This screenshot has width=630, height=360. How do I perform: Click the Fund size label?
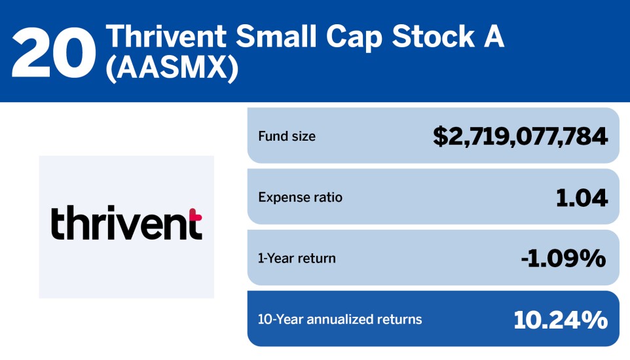pyautogui.click(x=287, y=137)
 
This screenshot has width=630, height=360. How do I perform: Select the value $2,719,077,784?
pyautogui.click(x=521, y=137)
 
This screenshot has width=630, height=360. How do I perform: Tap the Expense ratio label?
pyautogui.click(x=301, y=198)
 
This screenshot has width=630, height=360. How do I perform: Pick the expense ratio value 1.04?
pyautogui.click(x=582, y=198)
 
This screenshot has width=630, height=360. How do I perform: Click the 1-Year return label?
pyautogui.click(x=297, y=259)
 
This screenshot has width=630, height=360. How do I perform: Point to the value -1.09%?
pyautogui.click(x=563, y=259)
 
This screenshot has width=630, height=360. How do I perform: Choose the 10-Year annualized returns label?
pyautogui.click(x=340, y=319)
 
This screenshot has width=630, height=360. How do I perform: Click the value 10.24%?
pyautogui.click(x=561, y=319)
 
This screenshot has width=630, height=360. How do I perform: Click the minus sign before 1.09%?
pyautogui.click(x=525, y=260)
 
